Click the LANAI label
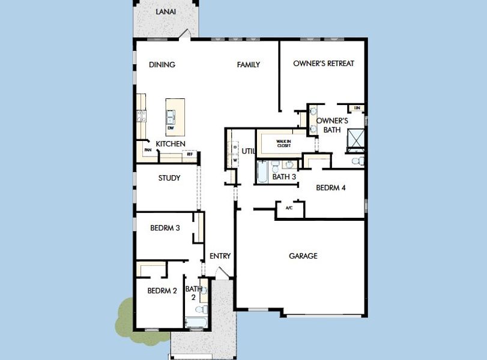[166, 12]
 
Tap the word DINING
[162, 65]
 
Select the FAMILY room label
[248, 65]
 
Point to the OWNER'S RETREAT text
[324, 64]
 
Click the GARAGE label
[303, 256]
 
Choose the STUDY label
[169, 178]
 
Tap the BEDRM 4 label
[331, 188]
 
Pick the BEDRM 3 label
[165, 228]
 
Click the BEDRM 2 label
[162, 291]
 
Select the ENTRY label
[220, 256]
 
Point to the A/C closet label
[289, 208]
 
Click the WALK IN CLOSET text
[284, 143]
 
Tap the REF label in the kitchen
[190, 154]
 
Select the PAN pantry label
[147, 150]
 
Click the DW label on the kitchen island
[171, 128]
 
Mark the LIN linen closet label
[357, 108]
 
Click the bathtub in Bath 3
[262, 172]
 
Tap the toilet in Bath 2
[203, 310]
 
